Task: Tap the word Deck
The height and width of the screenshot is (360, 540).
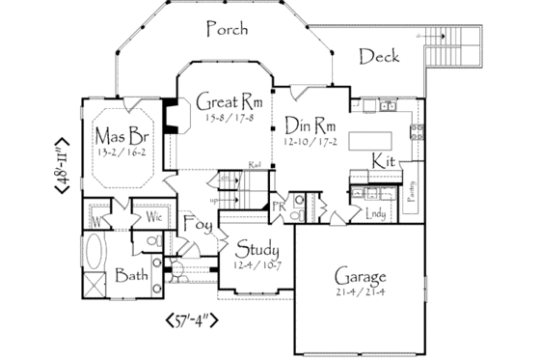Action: tap(379, 57)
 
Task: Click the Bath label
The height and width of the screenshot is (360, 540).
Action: tap(132, 276)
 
